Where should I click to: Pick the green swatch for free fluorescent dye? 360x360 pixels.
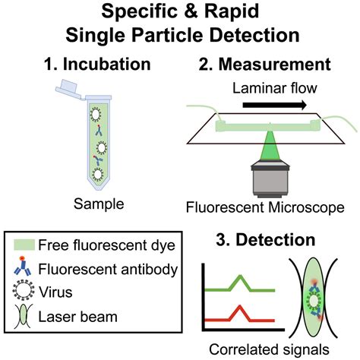(25, 245)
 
